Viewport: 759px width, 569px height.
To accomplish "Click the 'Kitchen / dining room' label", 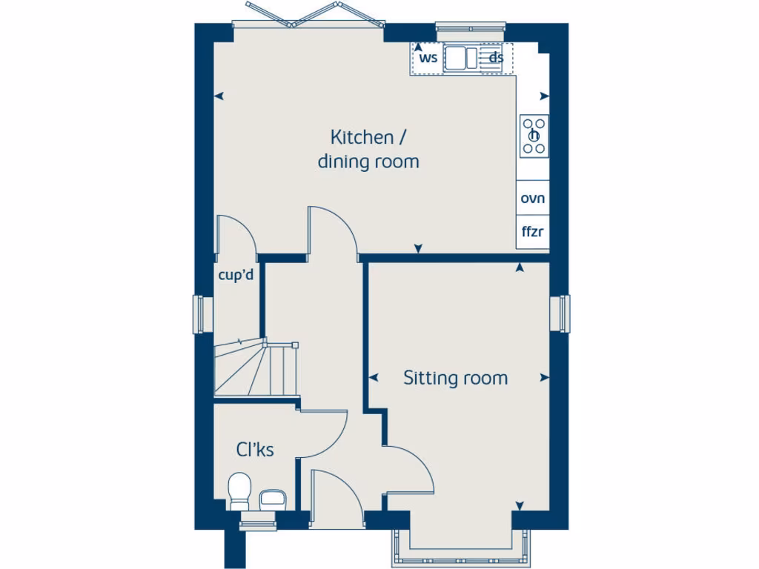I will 368,149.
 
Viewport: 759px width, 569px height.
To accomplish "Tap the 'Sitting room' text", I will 455,378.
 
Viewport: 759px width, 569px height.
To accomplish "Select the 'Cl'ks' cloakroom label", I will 255,449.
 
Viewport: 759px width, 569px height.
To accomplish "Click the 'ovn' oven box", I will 532,199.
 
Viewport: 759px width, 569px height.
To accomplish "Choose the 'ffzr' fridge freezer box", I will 532,232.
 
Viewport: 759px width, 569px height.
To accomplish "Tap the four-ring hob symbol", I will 534,135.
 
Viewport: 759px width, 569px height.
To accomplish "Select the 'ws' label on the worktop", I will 428,58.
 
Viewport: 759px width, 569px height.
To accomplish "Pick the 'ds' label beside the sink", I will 496,58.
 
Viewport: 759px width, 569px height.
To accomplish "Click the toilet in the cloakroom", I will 239,491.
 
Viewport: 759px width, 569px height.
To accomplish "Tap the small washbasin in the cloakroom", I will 272,497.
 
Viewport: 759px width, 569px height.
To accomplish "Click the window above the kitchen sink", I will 470,32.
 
